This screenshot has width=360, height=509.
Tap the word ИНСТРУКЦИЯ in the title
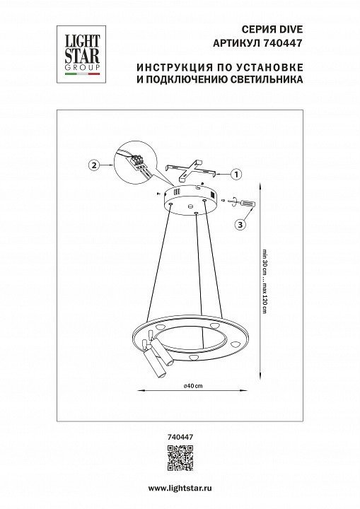[171, 68]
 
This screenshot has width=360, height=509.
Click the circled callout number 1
[236, 175]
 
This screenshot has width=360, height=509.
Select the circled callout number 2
[94, 165]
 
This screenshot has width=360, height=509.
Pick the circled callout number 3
[240, 225]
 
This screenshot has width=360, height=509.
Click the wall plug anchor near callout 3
[248, 204]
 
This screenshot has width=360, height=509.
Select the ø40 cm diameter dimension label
[193, 386]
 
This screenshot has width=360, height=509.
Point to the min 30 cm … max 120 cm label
[265, 281]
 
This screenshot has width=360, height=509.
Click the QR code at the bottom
[180, 458]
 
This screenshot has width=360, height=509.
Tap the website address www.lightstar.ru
[180, 488]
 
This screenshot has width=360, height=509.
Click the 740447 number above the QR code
[180, 437]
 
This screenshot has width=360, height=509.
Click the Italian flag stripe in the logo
[82, 74]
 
